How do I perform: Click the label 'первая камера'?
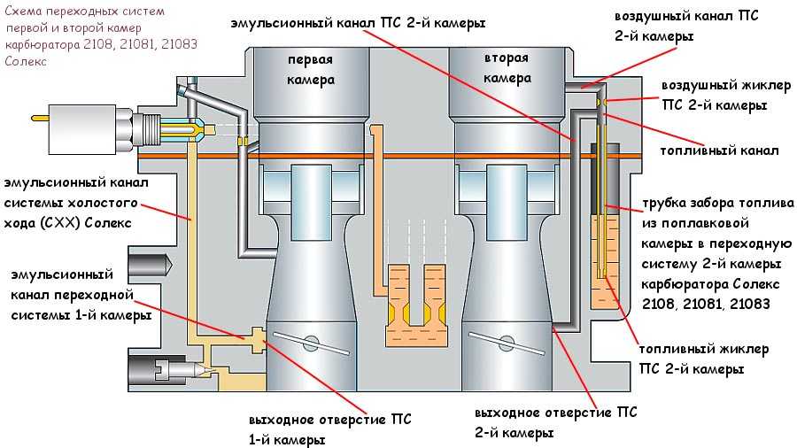[x=309, y=70]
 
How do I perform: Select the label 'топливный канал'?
[x=719, y=150]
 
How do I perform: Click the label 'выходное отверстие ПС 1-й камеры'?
[x=329, y=427]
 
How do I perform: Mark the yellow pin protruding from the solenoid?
[x=39, y=120]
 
